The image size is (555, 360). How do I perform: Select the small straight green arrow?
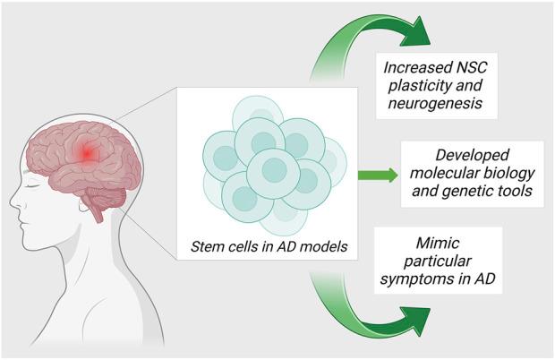click(377, 174)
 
